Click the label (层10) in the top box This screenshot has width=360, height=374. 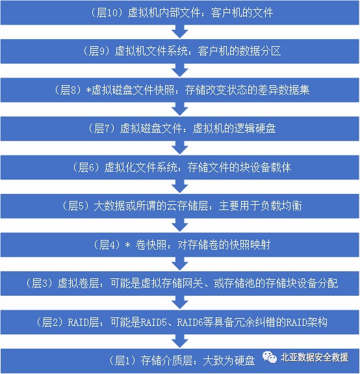click(x=105, y=12)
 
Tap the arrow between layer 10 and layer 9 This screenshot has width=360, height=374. click(x=180, y=31)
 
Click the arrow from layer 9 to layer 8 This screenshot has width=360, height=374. click(x=180, y=70)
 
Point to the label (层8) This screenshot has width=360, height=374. click(x=68, y=90)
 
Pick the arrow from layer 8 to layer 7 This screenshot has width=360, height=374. click(x=180, y=109)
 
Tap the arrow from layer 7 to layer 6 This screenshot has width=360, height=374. click(x=180, y=148)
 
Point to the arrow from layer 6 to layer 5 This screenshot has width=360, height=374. click(x=180, y=187)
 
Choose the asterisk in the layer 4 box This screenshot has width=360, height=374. click(x=128, y=245)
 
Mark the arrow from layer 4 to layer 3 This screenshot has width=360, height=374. click(x=180, y=264)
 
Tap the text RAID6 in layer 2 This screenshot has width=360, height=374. click(x=190, y=323)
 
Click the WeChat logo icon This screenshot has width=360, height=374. click(x=270, y=357)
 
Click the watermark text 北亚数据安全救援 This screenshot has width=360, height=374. click(x=315, y=357)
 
